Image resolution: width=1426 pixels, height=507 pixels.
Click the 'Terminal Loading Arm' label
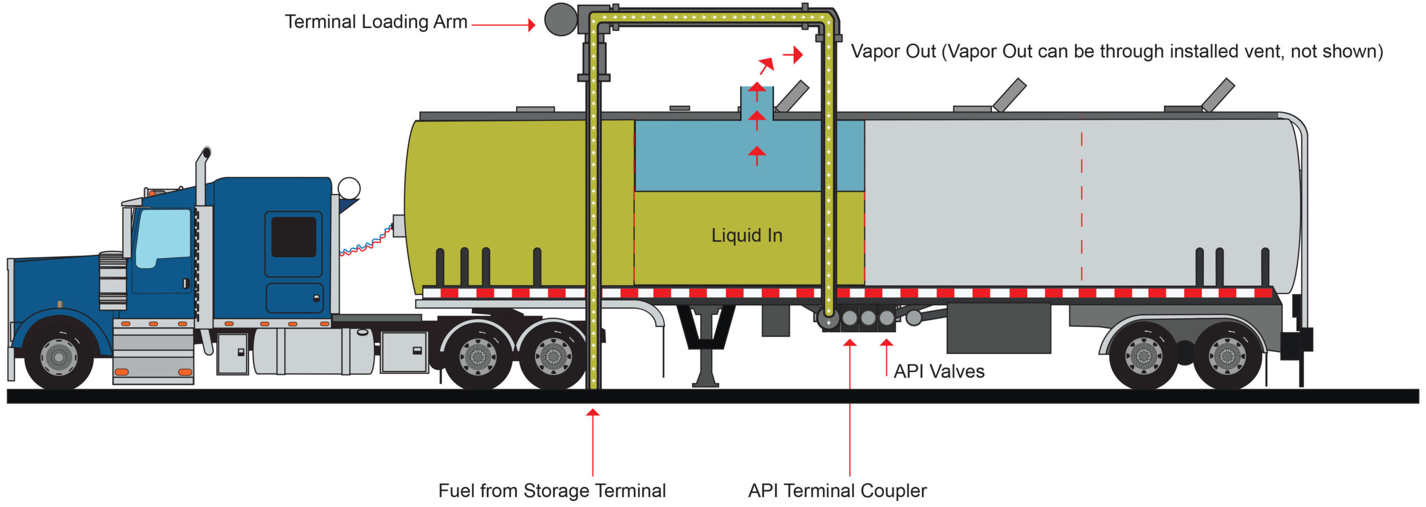(x=376, y=22)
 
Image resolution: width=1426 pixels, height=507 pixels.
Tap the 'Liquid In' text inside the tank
(x=747, y=236)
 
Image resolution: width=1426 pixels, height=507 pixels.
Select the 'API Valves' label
(x=939, y=371)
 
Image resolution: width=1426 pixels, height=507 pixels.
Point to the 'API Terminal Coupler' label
(x=837, y=491)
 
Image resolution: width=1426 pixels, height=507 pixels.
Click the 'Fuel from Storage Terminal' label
(x=552, y=491)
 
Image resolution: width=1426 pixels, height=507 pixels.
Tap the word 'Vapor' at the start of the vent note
(x=876, y=52)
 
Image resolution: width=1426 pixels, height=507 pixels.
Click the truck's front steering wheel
(x=59, y=355)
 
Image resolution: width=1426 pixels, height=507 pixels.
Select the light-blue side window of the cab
(x=162, y=238)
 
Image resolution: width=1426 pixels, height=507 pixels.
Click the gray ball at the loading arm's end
(x=560, y=19)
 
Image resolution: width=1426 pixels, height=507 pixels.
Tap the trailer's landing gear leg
(x=705, y=345)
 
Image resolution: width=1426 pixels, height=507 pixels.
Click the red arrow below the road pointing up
(x=593, y=442)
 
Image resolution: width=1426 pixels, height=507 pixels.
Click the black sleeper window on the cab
(x=294, y=237)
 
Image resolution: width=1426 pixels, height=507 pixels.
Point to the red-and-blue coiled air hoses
(x=367, y=242)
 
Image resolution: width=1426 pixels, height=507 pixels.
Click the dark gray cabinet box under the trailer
(x=999, y=328)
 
